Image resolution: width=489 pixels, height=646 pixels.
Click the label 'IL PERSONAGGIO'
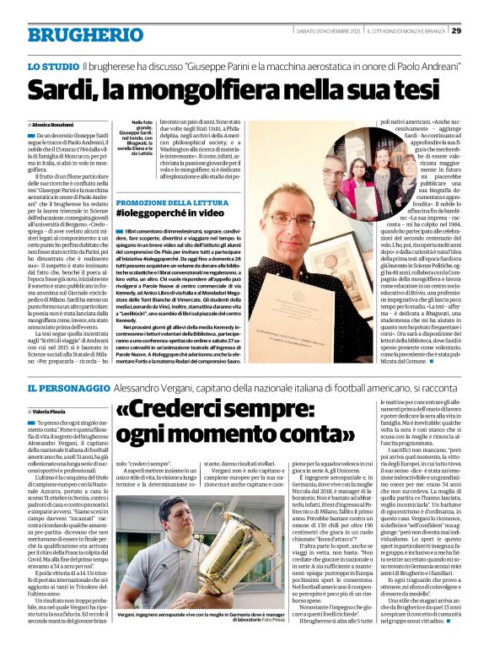72,387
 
